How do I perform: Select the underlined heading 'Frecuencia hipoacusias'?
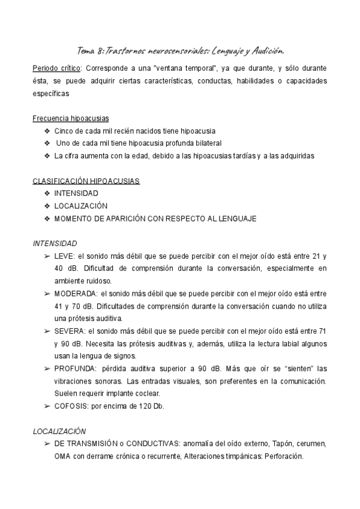[71, 119]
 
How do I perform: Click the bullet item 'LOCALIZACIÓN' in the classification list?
[81, 206]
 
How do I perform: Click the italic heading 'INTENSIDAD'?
[55, 244]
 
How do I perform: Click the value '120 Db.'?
[151, 406]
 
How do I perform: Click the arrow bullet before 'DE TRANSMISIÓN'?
[47, 444]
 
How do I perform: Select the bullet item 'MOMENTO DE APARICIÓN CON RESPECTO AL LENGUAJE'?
[155, 218]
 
